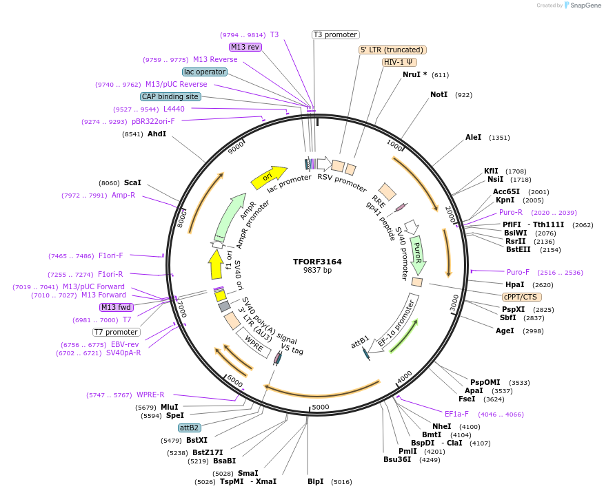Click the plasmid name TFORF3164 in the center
tap(317, 262)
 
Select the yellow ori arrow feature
tap(269, 177)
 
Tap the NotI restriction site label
tap(439, 94)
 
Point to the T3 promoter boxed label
tap(335, 34)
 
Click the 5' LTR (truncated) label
tap(393, 50)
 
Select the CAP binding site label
tap(170, 96)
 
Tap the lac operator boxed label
tap(205, 72)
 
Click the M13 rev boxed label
tap(245, 47)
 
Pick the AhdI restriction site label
tap(157, 134)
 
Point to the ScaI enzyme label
tap(132, 182)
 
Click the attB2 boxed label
tap(189, 428)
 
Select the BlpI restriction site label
tap(315, 482)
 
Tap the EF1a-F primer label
tap(456, 414)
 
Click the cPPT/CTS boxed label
tap(521, 297)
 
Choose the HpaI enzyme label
tap(514, 284)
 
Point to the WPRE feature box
tap(254, 342)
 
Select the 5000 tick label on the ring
tap(321, 408)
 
